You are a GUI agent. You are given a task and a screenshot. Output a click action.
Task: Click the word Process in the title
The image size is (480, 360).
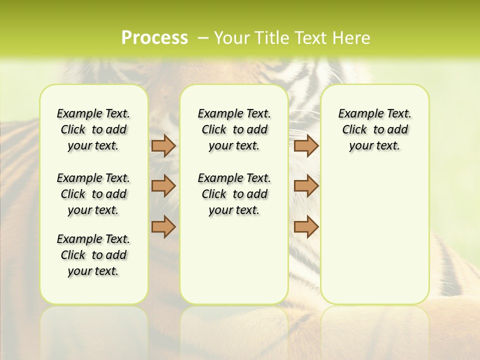(154, 38)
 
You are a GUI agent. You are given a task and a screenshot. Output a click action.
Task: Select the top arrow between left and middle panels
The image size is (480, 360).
(163, 146)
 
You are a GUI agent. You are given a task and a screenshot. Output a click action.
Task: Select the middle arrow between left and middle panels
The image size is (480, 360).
(163, 186)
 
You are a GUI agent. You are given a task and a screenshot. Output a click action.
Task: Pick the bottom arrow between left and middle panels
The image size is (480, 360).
(163, 226)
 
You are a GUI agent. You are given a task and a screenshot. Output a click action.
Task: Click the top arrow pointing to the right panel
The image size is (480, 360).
(306, 146)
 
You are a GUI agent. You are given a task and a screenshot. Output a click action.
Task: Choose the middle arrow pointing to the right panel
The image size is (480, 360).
(306, 186)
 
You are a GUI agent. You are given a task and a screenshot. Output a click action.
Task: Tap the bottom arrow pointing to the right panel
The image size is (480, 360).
(306, 226)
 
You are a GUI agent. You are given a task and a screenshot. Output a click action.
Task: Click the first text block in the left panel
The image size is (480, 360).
(93, 129)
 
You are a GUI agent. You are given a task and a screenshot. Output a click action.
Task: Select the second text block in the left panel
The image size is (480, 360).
(93, 194)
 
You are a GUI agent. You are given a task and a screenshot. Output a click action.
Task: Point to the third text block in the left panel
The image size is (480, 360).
(93, 255)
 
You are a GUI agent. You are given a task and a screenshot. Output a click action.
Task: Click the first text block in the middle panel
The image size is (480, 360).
(234, 129)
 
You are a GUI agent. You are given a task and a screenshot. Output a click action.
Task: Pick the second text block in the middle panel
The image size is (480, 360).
(234, 194)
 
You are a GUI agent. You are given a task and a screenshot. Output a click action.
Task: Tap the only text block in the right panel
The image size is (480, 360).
(375, 129)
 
